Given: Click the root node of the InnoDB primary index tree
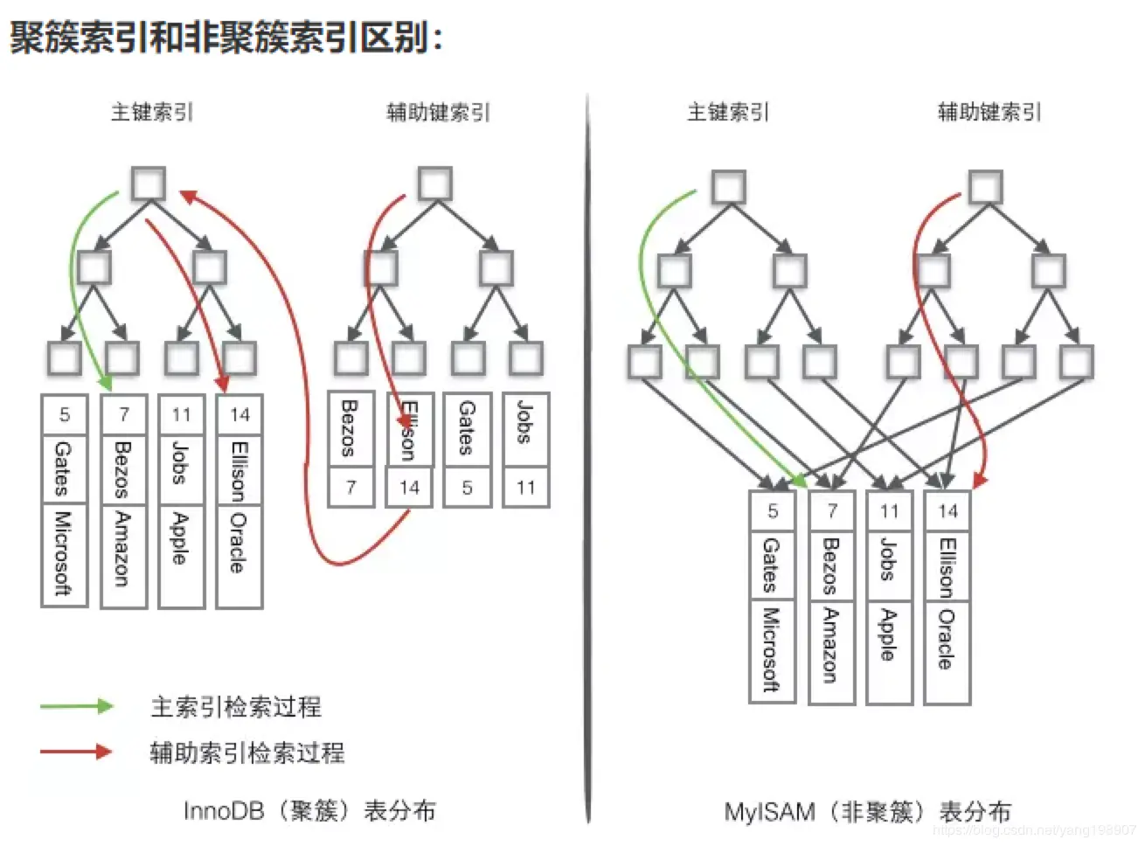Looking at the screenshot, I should click(149, 184).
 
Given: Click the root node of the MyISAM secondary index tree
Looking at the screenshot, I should click(985, 187).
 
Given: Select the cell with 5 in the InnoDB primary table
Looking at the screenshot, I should click(65, 414).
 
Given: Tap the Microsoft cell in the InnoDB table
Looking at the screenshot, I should click(64, 554).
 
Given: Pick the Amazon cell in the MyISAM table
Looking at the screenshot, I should click(831, 650).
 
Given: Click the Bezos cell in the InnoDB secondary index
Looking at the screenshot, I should click(350, 429).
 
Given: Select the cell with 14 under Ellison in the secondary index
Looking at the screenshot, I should click(409, 488).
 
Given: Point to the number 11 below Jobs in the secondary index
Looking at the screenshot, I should click(526, 488).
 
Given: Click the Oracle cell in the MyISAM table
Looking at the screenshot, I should click(947, 650).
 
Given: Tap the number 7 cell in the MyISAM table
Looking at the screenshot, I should click(832, 510).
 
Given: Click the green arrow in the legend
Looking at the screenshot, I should click(77, 706).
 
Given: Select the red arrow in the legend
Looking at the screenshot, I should click(77, 752).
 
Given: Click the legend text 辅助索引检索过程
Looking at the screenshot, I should click(247, 752).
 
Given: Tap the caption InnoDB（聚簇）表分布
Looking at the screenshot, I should click(309, 811).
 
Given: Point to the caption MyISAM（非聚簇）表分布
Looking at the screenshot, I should click(867, 812).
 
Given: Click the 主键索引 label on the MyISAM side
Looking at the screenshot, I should click(728, 112).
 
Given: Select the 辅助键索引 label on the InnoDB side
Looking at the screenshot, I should click(439, 112).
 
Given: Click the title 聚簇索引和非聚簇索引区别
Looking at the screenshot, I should click(226, 38).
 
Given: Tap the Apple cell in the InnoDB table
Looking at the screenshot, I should click(181, 554).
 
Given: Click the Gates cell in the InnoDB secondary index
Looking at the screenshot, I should click(467, 429).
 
